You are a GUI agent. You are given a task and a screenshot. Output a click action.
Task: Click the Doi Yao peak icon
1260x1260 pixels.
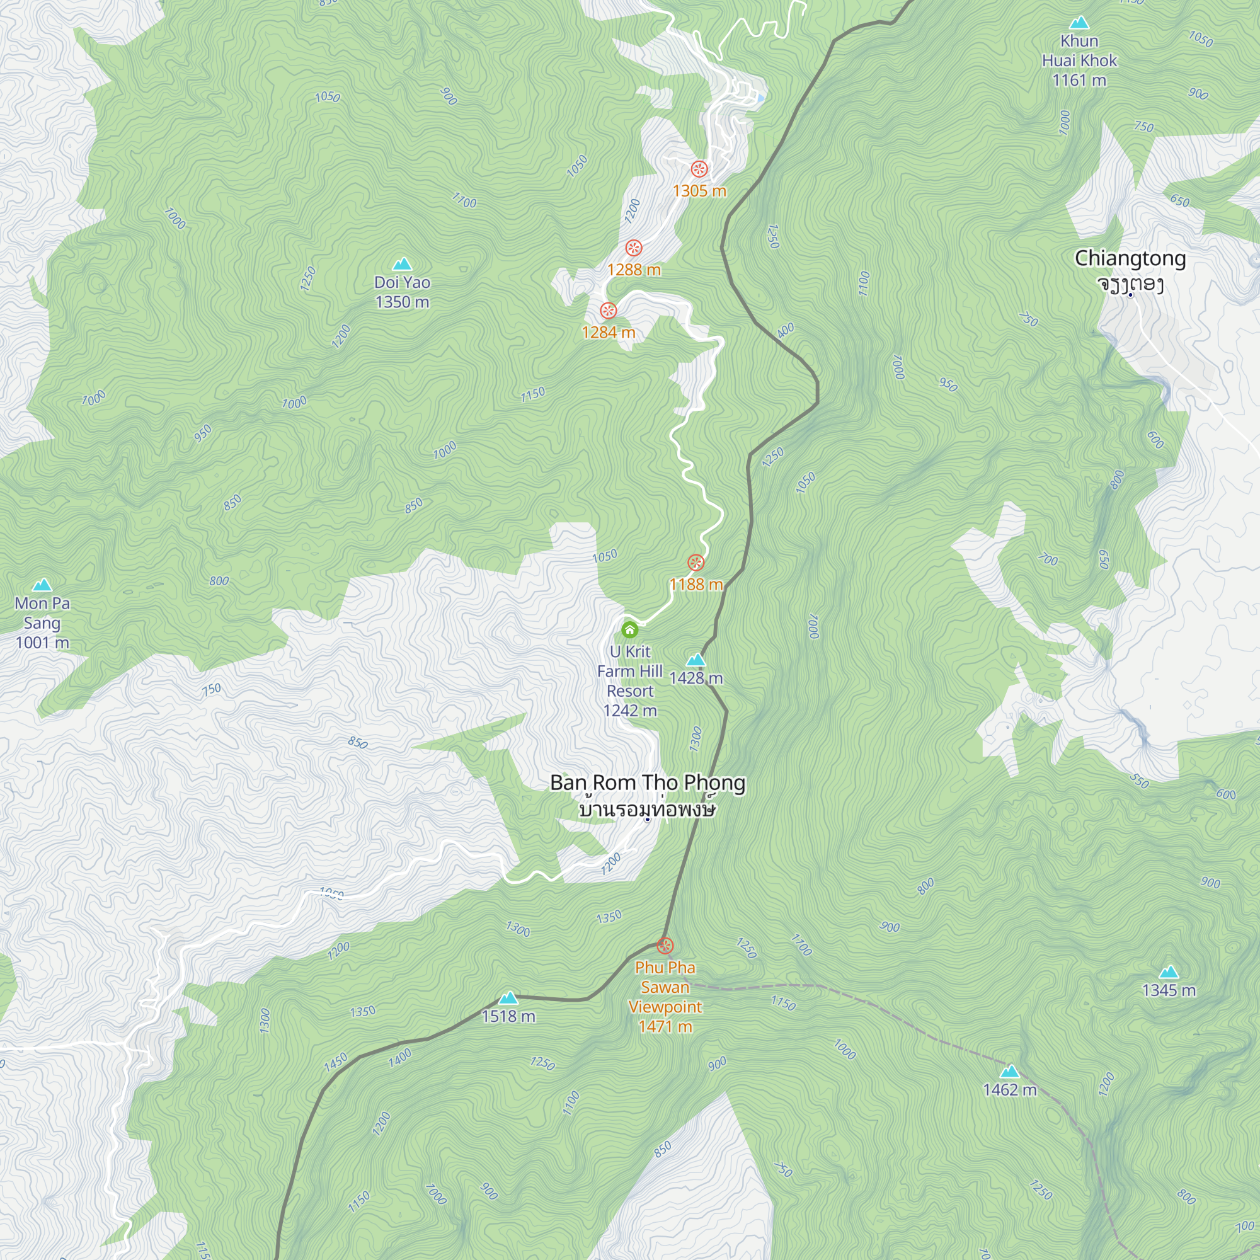[x=403, y=264]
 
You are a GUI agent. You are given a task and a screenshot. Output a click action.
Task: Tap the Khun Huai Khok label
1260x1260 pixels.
[x=1079, y=51]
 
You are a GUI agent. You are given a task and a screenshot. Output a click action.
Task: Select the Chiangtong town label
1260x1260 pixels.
[x=1130, y=258]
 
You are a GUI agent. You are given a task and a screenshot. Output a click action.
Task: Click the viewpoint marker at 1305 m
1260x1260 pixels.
[x=699, y=169]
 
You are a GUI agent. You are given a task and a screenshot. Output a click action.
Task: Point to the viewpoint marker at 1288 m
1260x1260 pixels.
[x=634, y=248]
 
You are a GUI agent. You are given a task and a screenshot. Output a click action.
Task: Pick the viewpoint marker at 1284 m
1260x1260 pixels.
[x=609, y=311]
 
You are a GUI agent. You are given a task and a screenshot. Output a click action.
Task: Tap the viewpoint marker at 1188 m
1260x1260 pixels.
[x=696, y=562]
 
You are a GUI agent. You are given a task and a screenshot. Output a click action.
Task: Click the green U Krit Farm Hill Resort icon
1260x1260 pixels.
[x=629, y=630]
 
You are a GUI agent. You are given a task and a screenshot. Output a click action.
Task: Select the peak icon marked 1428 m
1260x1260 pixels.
[x=696, y=660]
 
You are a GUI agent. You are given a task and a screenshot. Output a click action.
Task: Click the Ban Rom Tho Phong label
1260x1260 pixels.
[x=648, y=782]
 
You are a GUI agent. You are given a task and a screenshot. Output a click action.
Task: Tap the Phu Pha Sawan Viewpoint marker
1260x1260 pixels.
[x=665, y=946]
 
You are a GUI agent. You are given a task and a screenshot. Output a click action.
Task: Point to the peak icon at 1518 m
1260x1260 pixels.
[x=508, y=998]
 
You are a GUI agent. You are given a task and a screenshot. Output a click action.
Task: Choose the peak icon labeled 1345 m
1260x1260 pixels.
[x=1169, y=972]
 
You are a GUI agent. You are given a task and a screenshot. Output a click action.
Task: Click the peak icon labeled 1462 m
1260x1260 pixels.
[x=1009, y=1072]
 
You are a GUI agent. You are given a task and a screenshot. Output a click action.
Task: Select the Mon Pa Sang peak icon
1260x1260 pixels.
[x=42, y=585]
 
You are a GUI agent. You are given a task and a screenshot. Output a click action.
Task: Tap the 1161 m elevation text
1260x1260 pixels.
[x=1079, y=80]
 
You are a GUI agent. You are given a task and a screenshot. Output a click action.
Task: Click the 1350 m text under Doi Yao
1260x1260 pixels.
[x=403, y=302]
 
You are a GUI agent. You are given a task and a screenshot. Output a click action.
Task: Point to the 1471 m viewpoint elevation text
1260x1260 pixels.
[x=665, y=1026]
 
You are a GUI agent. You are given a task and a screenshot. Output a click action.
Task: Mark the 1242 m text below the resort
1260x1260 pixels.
[x=630, y=711]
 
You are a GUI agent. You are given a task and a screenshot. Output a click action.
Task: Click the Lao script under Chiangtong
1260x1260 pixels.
[x=1130, y=284]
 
